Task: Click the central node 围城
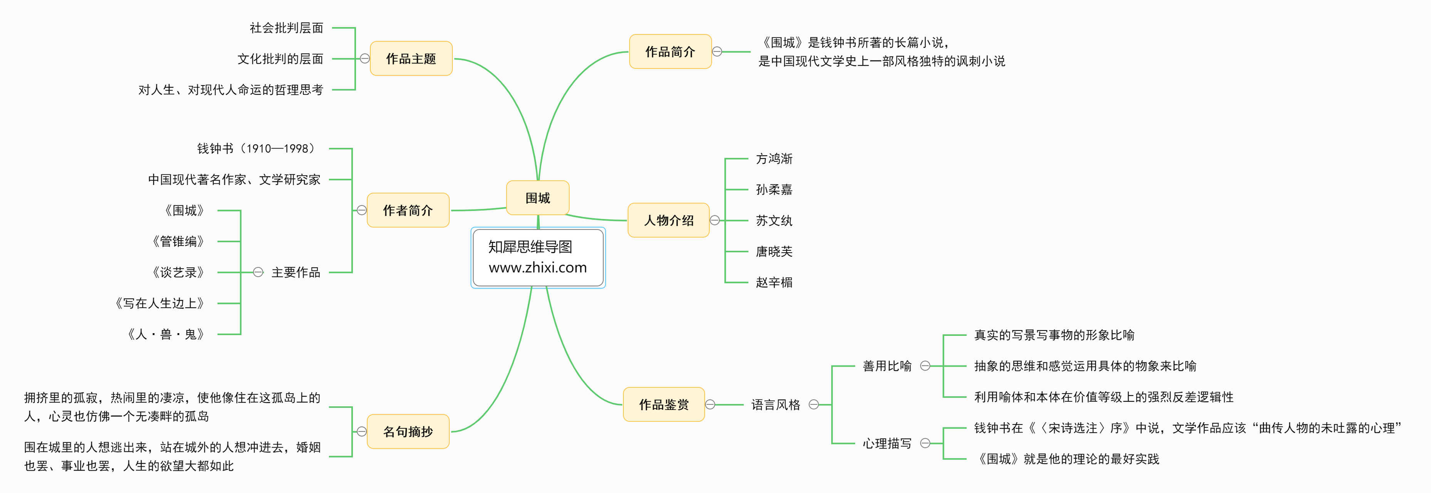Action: (537, 198)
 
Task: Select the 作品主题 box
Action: (411, 58)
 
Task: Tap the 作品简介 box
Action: (670, 52)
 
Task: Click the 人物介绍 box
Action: (668, 220)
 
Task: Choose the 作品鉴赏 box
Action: (664, 404)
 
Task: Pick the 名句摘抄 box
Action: (408, 431)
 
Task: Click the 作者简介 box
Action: (408, 210)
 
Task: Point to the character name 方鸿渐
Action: (774, 159)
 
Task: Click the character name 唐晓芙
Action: (774, 252)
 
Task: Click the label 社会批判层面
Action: (286, 28)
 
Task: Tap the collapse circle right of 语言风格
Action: (814, 404)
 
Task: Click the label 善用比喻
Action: (887, 366)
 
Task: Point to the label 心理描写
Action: (887, 443)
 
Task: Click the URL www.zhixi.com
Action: (537, 268)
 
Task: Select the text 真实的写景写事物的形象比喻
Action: (1054, 335)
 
